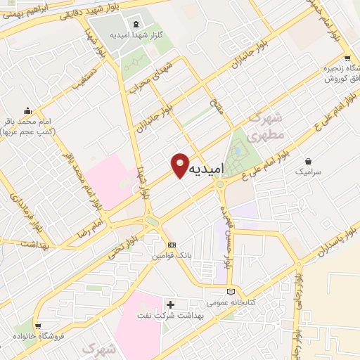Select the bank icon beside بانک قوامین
(x=172, y=245)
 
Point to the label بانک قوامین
(x=172, y=257)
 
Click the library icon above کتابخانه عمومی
(x=231, y=291)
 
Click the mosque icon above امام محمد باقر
(x=27, y=110)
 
